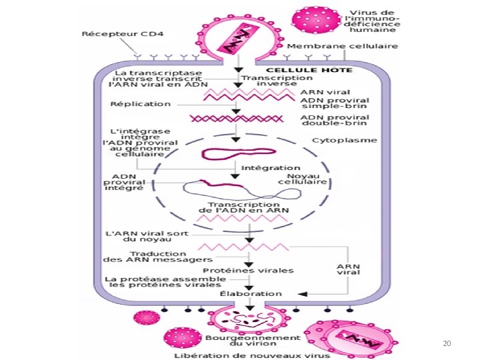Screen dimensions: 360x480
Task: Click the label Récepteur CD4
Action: coord(123,34)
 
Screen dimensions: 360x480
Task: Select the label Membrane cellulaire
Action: coord(343,47)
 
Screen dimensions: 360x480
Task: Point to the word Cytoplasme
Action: coord(345,141)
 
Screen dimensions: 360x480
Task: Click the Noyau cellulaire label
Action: coord(303,177)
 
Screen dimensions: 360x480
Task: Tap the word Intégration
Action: coord(270,167)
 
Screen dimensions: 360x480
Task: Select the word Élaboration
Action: coord(251,293)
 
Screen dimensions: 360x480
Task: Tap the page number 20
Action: coord(447,344)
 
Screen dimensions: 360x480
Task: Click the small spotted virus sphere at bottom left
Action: coord(183,339)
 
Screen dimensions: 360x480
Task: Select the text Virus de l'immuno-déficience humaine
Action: coord(372,21)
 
